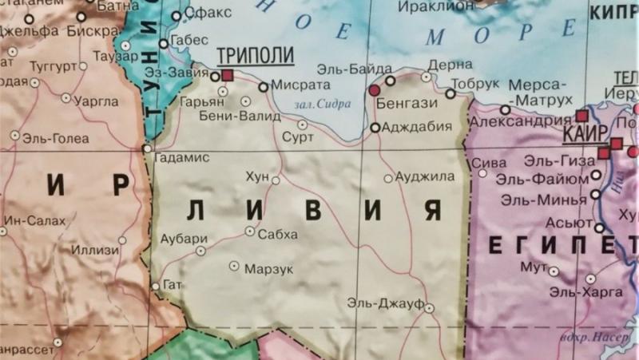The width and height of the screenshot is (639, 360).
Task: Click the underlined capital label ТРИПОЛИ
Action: [256, 56]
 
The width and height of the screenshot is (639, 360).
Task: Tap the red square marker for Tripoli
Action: [228, 75]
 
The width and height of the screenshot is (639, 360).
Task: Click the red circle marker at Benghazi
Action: [373, 91]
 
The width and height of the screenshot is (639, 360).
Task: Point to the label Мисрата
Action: [300, 85]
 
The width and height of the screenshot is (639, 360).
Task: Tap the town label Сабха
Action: [277, 234]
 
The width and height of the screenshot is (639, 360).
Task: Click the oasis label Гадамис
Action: [181, 157]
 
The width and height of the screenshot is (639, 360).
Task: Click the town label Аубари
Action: [184, 238]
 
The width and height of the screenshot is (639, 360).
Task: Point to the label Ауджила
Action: [425, 176]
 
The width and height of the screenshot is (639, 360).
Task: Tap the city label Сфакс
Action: [207, 13]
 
